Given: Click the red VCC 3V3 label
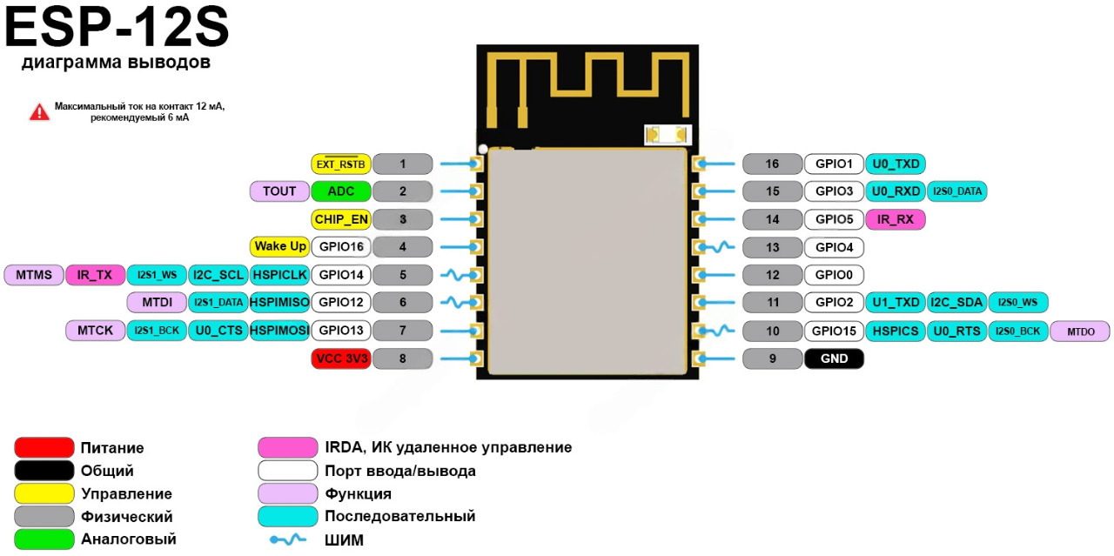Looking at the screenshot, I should click(x=340, y=358).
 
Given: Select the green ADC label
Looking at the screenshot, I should click(x=340, y=191).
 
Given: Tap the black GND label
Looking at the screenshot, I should click(x=834, y=358).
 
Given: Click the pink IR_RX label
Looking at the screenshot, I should click(x=896, y=219).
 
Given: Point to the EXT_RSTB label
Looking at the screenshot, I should click(x=340, y=164).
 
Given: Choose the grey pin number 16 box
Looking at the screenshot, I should click(x=772, y=164).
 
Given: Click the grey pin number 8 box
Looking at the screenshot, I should click(x=402, y=358).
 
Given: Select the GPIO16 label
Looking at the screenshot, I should click(x=340, y=247).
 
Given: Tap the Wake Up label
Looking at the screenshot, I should click(x=279, y=247).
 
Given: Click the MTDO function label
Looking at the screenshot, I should click(x=1079, y=331).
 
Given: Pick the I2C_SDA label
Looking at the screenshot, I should click(x=956, y=303).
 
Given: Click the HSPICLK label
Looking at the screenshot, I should click(x=279, y=275).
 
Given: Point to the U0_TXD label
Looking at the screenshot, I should click(x=896, y=164).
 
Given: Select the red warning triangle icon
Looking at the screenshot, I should click(x=39, y=111).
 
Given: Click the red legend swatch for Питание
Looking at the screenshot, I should click(x=44, y=448).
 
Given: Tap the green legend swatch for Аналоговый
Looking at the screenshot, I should click(x=44, y=539).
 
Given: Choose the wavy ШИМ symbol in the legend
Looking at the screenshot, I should click(x=287, y=539).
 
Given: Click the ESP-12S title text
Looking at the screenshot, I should click(x=117, y=29).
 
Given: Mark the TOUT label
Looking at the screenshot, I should click(x=279, y=191).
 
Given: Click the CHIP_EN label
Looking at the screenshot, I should click(x=340, y=219).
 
